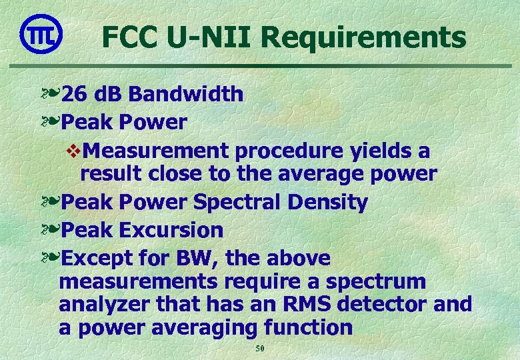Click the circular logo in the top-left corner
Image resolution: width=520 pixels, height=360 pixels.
point(41,33)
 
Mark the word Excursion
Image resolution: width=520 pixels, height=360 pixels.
point(171,231)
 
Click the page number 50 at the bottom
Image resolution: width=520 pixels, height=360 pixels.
point(260,349)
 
